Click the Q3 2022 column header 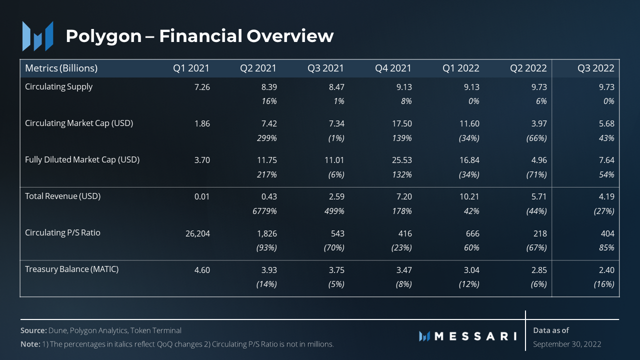(595, 68)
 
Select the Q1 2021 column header (191, 68)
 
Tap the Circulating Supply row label (58, 86)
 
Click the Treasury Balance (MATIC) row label (71, 269)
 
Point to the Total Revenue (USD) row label (62, 196)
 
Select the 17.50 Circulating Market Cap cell (401, 123)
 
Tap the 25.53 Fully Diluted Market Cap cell (401, 160)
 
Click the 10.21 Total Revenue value (469, 196)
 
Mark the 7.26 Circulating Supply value (201, 87)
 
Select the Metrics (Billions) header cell (61, 68)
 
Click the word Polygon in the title (103, 36)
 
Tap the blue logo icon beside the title (37, 36)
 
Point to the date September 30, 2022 (567, 344)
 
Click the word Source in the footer (33, 330)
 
